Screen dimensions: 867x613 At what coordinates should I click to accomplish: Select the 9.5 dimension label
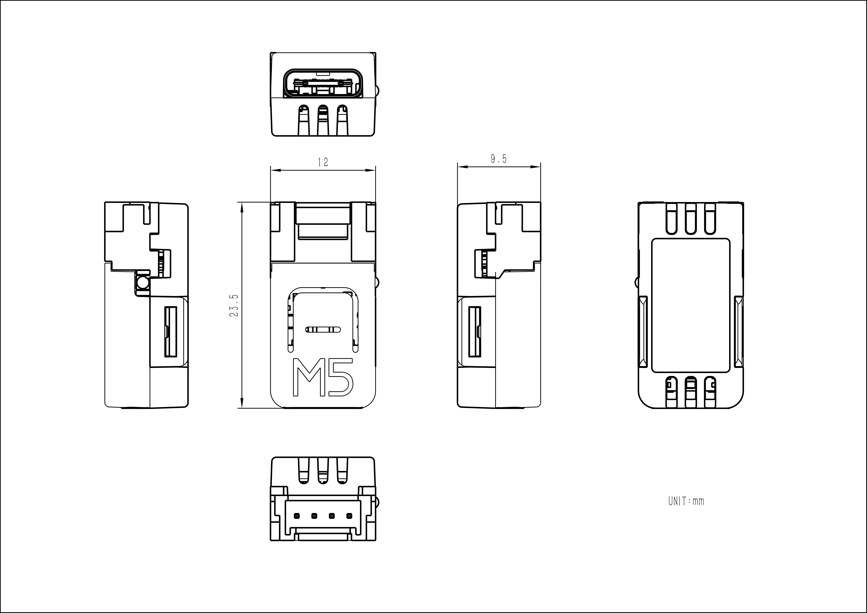pos(498,159)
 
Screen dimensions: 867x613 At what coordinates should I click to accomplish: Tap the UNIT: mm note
pos(686,501)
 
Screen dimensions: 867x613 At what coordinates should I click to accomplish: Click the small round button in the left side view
pos(143,282)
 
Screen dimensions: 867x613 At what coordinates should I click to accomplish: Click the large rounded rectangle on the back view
pos(691,305)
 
